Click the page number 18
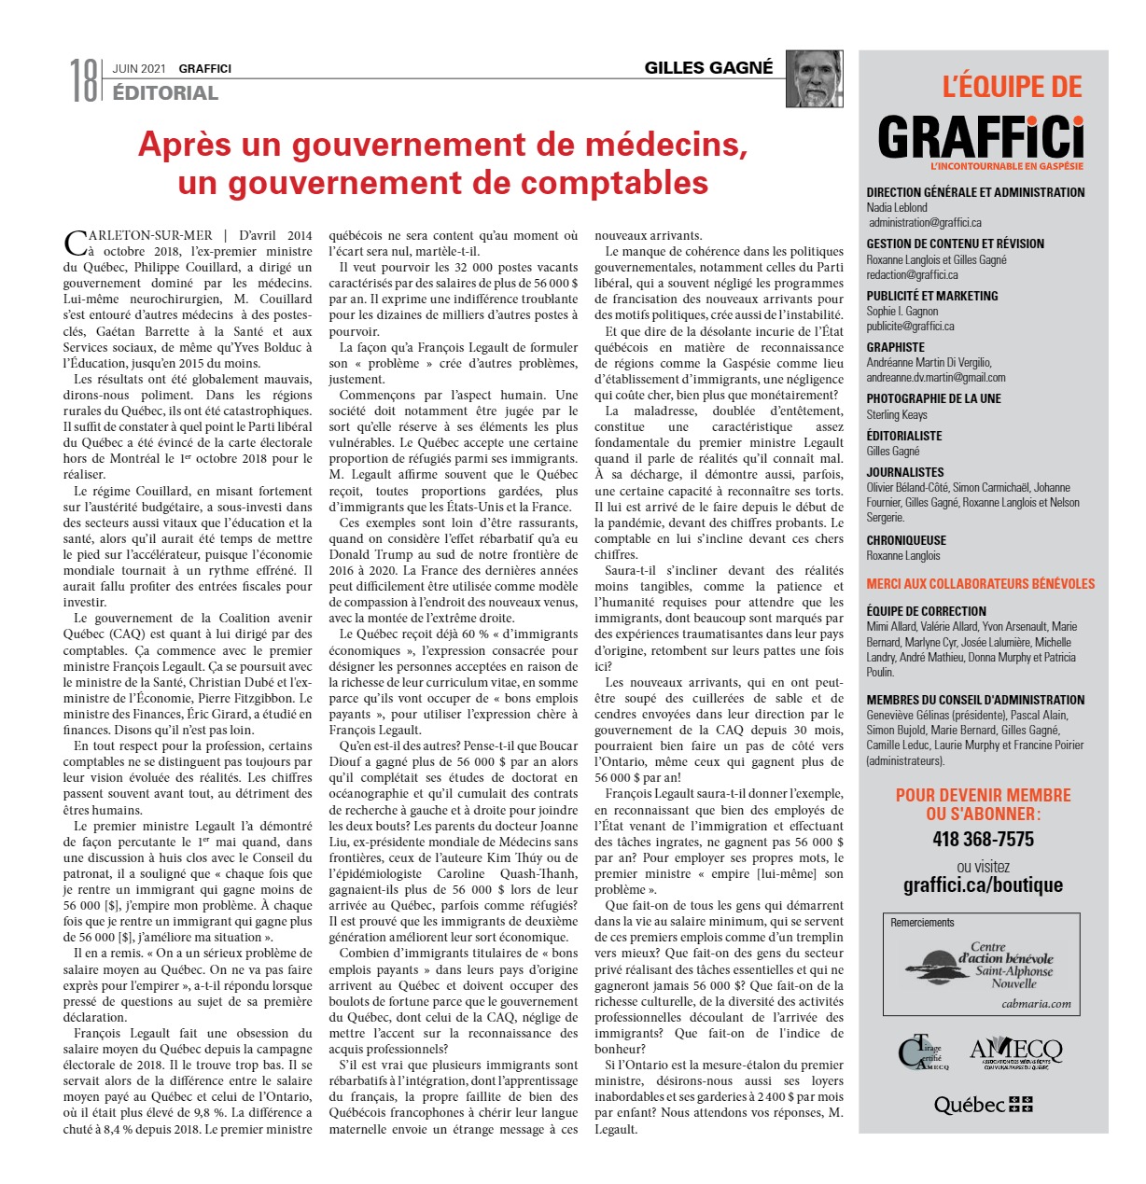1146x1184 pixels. (83, 80)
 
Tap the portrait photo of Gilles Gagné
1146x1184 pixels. (814, 78)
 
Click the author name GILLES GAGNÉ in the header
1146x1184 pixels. (708, 67)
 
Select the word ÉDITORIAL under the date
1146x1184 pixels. (165, 92)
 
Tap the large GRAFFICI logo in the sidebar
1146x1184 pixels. (981, 138)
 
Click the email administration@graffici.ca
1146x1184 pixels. (925, 223)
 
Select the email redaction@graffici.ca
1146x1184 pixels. (912, 275)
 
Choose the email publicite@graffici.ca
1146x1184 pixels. (910, 327)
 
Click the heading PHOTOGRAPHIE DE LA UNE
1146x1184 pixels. (933, 398)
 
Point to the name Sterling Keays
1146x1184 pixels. (897, 414)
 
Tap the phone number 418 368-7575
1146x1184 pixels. (983, 839)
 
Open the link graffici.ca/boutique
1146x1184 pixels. (983, 885)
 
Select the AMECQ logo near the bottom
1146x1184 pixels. (1015, 1052)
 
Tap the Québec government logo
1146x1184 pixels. (983, 1105)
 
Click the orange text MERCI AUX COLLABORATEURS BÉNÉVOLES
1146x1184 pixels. (980, 584)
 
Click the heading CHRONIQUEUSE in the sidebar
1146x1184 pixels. (906, 540)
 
